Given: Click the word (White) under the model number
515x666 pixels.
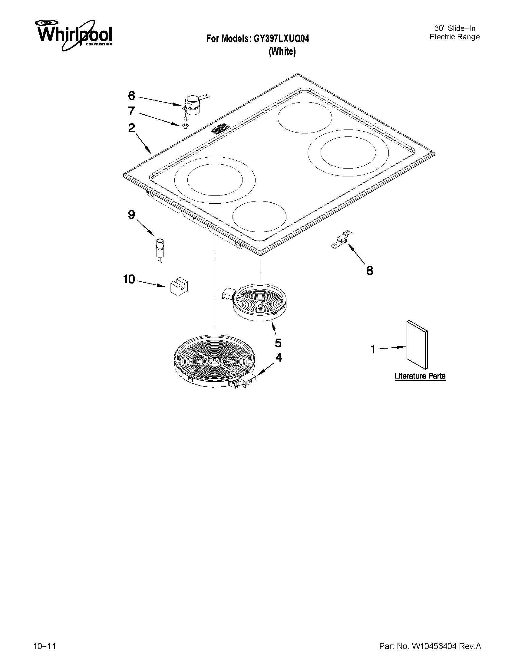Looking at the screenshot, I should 282,51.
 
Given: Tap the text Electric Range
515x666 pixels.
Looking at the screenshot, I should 454,37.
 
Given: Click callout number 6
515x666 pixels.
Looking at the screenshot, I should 131,96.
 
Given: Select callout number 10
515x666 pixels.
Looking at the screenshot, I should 129,279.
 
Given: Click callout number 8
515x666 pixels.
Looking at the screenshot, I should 369,271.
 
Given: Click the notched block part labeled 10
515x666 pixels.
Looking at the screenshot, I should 179,287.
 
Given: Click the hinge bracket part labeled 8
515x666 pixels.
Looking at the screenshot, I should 342,239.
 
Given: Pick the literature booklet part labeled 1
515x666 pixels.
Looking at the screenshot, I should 417,345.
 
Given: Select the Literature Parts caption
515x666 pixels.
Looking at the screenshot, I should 420,376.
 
